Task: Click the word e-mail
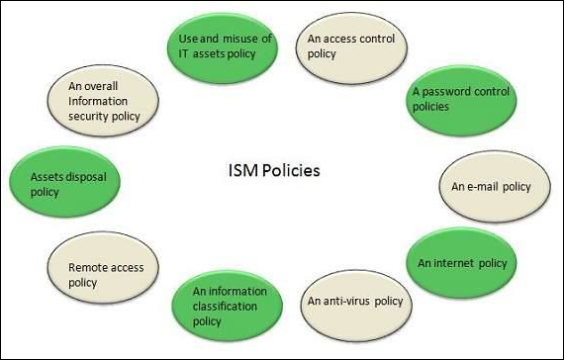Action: (x=484, y=186)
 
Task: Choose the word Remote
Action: (x=88, y=266)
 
